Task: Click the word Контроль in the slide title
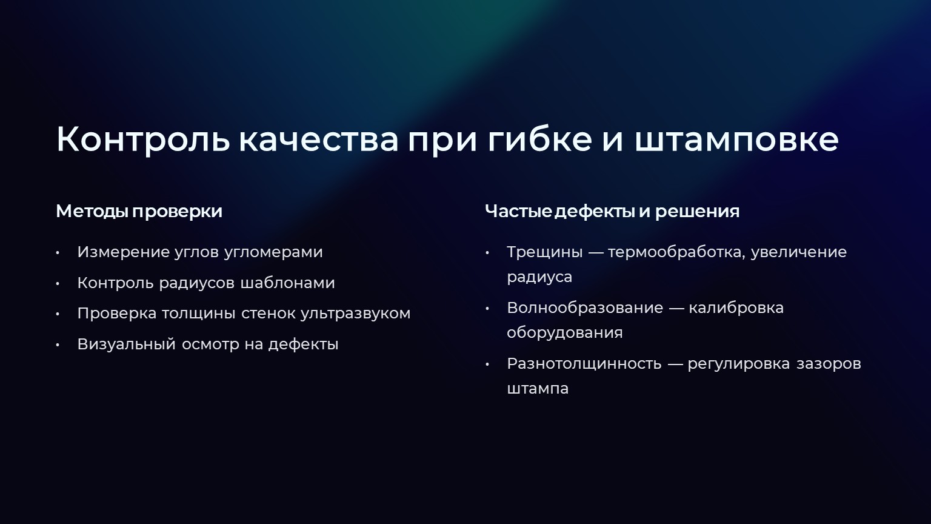[143, 139]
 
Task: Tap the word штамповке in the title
[736, 139]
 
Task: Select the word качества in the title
[318, 140]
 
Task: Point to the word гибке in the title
[539, 139]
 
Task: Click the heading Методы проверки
[139, 211]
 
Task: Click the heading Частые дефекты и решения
[612, 211]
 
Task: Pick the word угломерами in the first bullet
[273, 252]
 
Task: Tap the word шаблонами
[288, 283]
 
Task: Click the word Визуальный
[126, 344]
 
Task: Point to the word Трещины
[544, 252]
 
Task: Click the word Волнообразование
[585, 308]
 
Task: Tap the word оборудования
[565, 333]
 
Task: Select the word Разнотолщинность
[584, 364]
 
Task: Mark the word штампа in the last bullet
[538, 389]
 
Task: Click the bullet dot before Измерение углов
[58, 252]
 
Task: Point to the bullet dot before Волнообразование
[487, 308]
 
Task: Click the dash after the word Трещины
[595, 252]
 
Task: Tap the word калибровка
[736, 308]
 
